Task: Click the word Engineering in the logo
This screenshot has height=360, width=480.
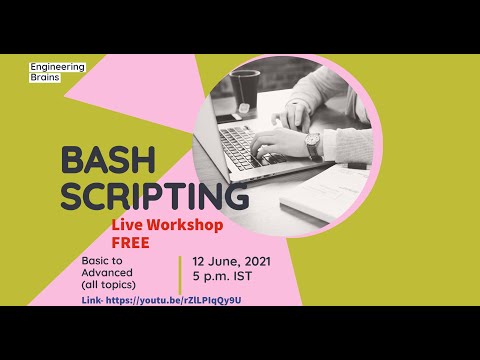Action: click(x=58, y=67)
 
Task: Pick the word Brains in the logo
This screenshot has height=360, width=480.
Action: click(x=45, y=77)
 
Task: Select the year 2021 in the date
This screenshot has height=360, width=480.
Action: click(x=250, y=262)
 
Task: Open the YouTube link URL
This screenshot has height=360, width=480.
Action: click(x=174, y=300)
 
